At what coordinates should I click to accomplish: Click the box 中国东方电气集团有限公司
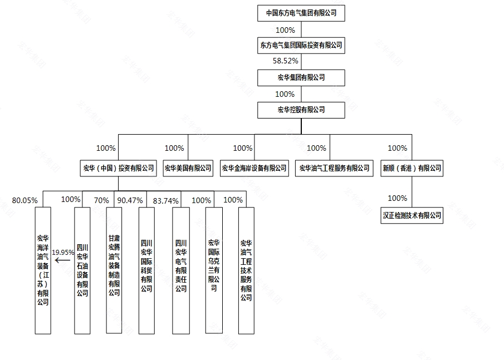tap(301, 13)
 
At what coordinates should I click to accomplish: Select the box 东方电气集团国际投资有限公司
tap(301, 45)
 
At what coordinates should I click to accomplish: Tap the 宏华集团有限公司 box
tap(301, 78)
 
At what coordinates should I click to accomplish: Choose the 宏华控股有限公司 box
tap(301, 110)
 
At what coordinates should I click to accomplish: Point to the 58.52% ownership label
tap(286, 61)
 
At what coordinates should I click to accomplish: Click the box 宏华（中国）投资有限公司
tap(118, 168)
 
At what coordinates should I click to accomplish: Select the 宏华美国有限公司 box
tap(188, 168)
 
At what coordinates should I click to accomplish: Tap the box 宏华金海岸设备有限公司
tap(254, 168)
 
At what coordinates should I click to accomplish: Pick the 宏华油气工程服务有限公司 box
tap(334, 168)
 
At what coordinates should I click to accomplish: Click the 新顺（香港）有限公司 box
tap(412, 168)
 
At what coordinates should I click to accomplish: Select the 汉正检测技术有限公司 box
tap(412, 215)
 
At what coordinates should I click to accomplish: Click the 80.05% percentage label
tap(25, 200)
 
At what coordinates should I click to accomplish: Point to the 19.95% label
tap(63, 253)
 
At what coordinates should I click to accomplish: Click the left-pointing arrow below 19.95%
tap(63, 260)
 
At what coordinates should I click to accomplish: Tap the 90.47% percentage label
tap(130, 200)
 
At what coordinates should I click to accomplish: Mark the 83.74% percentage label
tap(165, 201)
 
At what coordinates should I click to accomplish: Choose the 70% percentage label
tap(101, 200)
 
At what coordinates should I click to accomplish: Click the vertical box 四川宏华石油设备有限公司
tap(82, 270)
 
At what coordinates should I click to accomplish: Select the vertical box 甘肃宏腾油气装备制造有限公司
tap(114, 270)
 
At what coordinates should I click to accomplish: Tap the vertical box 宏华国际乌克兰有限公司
tap(214, 270)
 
